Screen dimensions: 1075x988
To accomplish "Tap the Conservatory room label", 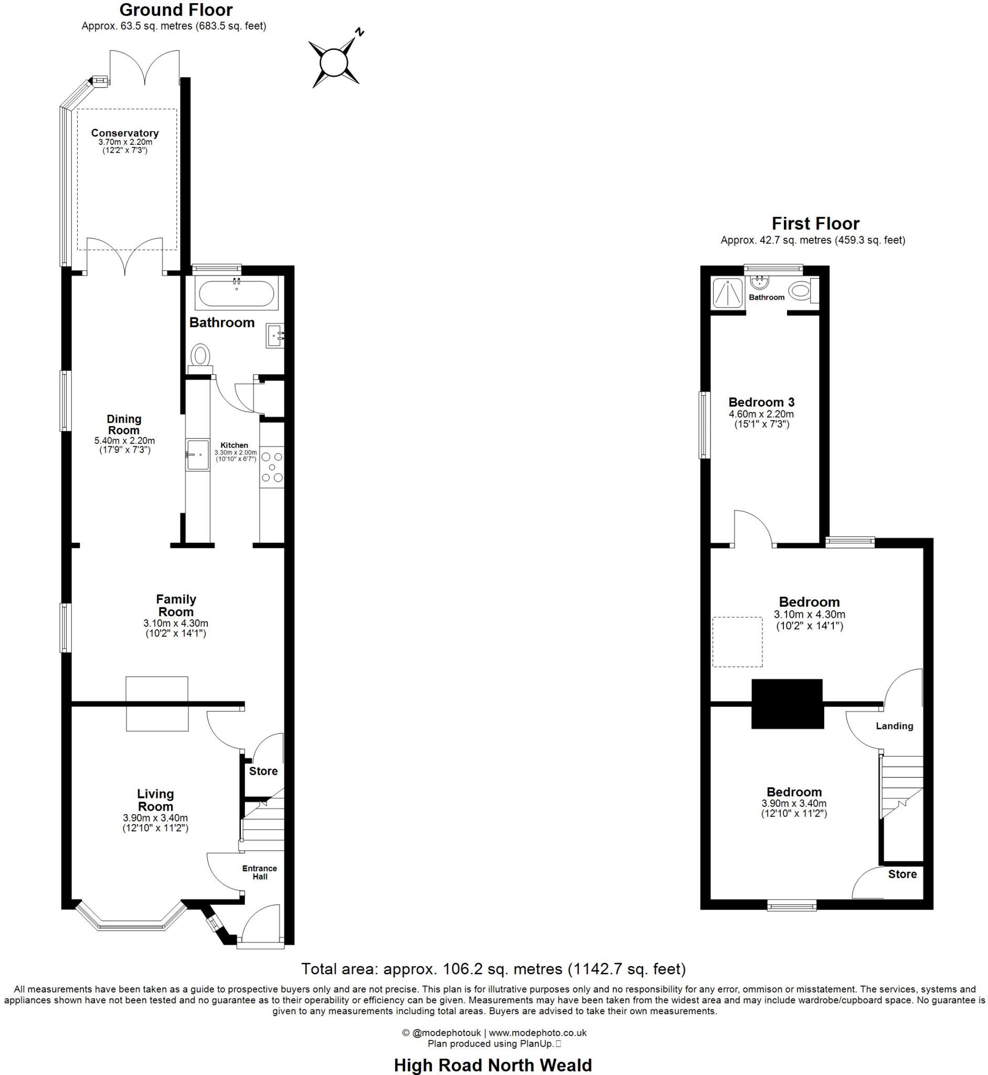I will pos(124,133).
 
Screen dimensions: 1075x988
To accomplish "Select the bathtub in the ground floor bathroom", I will pos(236,293).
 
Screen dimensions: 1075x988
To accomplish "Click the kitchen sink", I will pos(197,455).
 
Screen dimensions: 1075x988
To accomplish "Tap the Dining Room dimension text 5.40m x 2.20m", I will pos(124,441).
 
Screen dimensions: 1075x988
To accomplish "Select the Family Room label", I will pos(176,605).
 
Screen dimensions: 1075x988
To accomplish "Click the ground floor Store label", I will pos(263,771).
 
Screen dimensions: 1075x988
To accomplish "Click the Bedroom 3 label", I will pos(761,402).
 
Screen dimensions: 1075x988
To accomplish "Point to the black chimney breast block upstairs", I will pos(787,704).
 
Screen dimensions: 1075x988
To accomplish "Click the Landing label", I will pos(894,726).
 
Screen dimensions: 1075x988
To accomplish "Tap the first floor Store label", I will pos(902,874).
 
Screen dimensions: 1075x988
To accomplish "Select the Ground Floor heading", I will pos(176,9).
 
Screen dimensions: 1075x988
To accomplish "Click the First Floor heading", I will pos(815,223).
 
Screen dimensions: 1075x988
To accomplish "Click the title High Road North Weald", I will pos(493,1066).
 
